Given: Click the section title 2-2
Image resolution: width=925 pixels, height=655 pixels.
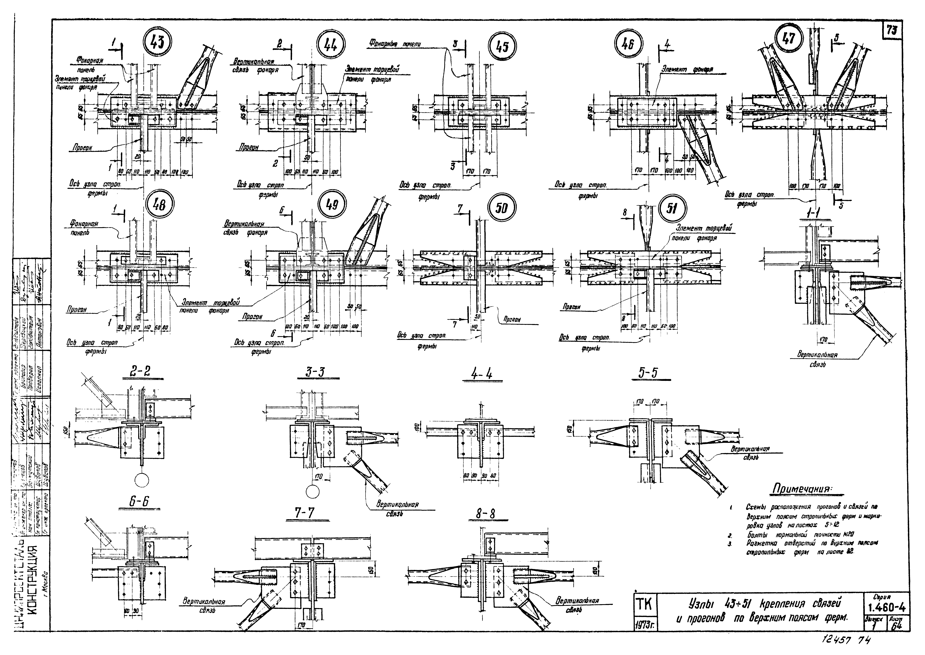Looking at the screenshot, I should [x=140, y=372].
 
